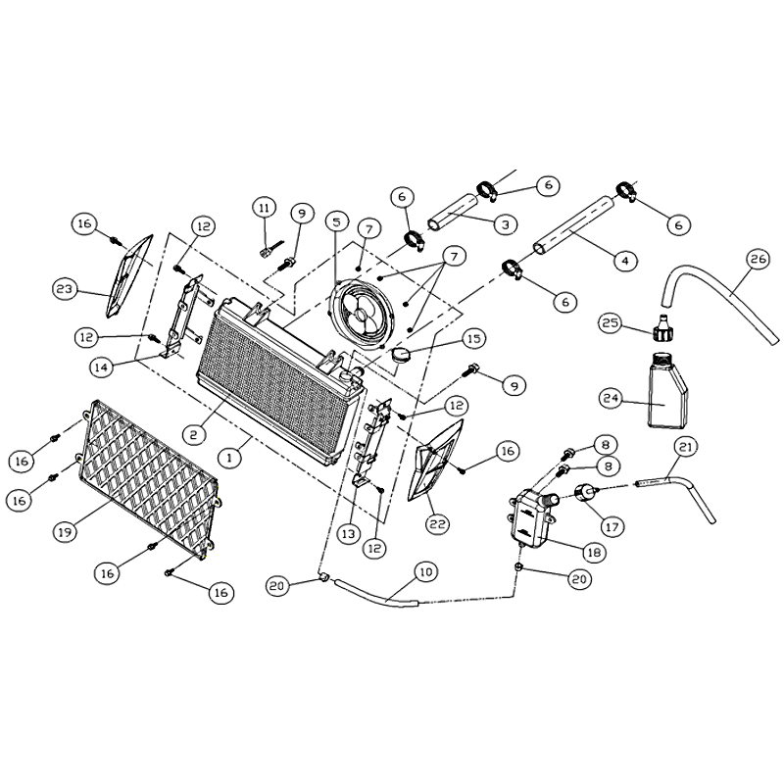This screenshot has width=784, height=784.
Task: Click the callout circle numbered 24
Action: coord(612,399)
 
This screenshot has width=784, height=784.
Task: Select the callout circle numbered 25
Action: coord(611,323)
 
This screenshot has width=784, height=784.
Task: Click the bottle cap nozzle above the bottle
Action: coord(662,328)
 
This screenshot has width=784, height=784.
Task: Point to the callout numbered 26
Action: coord(758,259)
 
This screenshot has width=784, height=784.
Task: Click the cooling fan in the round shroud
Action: coord(362,314)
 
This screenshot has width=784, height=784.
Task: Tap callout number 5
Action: coord(336,221)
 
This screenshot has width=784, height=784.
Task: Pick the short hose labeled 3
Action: coord(453,213)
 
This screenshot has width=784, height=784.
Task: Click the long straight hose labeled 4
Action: coord(573,223)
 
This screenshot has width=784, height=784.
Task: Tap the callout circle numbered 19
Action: coord(65,532)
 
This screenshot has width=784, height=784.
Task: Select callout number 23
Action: coord(65,289)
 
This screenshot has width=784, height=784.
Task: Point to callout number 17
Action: coord(612,526)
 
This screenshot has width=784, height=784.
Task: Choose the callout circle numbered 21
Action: coord(685,447)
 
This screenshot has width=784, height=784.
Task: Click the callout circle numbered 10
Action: coord(425,571)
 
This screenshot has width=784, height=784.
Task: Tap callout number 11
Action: coord(265,208)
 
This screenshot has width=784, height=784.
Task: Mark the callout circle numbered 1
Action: coord(229,458)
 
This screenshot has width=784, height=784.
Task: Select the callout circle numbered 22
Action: coord(437,524)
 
